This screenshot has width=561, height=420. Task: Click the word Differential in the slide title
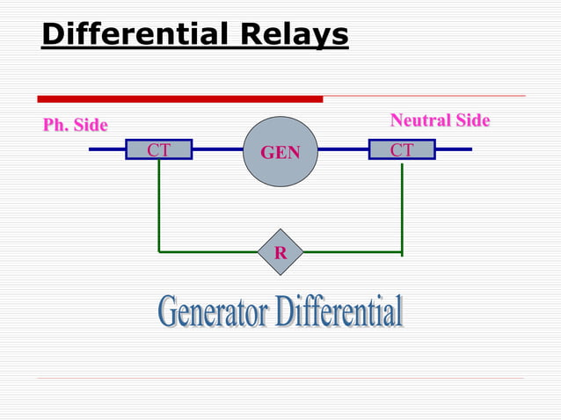[x=132, y=35]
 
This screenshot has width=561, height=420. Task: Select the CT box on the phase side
[x=158, y=150]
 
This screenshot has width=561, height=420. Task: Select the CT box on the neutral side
[x=402, y=150]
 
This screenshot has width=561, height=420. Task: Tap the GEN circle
[x=280, y=152]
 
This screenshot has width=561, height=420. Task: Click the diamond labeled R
[x=280, y=253]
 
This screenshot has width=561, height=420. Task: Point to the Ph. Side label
[x=76, y=126]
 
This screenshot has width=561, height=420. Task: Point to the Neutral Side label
[x=440, y=120]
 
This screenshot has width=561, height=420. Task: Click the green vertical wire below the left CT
[x=159, y=206]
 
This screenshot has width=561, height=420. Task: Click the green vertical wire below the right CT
[x=402, y=206]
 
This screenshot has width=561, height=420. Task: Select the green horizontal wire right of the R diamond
[x=352, y=252]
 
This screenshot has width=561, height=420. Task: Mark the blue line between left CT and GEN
[x=217, y=149]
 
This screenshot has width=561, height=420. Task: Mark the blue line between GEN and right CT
[x=342, y=149]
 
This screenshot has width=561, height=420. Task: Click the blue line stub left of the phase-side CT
[x=106, y=149]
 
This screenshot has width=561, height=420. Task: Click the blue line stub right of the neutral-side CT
[x=453, y=149]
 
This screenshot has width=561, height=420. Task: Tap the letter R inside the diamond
[x=280, y=253]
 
